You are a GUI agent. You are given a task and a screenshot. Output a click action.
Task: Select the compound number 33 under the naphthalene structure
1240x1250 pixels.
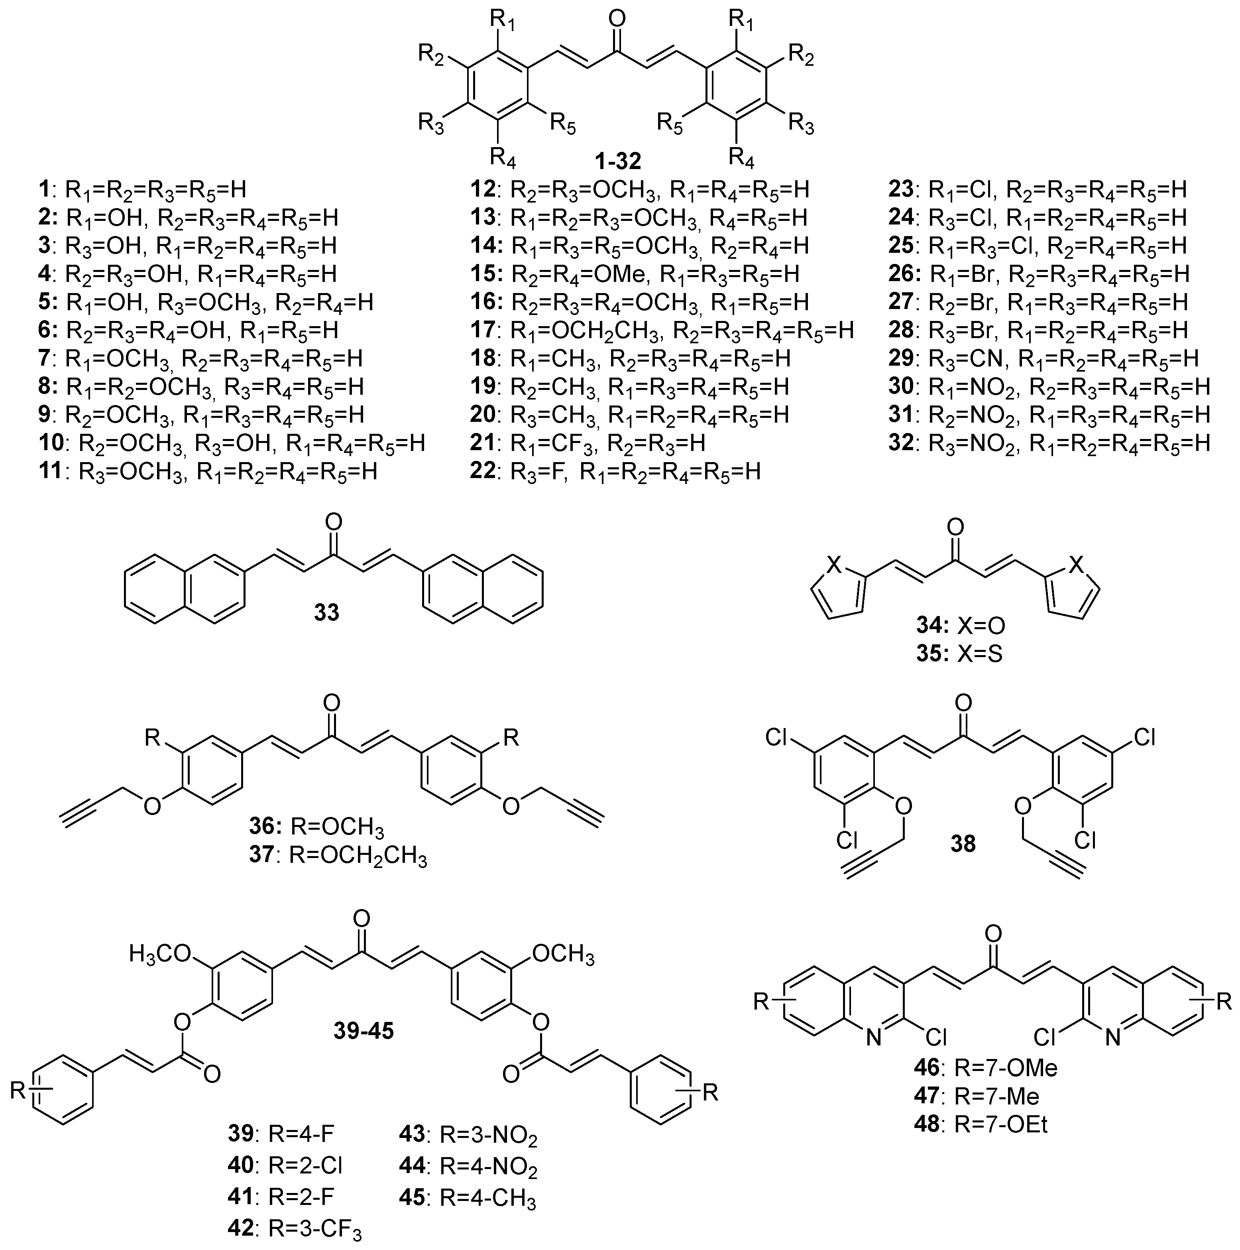point(327,611)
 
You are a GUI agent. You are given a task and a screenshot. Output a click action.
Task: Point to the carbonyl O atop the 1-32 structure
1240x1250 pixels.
point(618,18)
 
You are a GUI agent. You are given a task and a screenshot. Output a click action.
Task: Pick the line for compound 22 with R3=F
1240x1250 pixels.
point(615,471)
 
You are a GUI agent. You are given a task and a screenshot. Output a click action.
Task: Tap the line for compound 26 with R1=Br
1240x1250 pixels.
point(1039,274)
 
